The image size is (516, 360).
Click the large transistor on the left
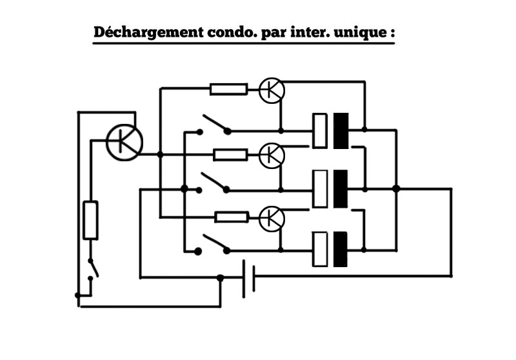pyautogui.click(x=124, y=142)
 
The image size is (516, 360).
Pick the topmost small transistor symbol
pyautogui.click(x=272, y=90)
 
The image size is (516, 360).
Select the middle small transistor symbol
pyautogui.click(x=272, y=155)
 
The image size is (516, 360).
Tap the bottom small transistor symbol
pyautogui.click(x=272, y=219)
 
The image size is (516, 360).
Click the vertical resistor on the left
pyautogui.click(x=91, y=220)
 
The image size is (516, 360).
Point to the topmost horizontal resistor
pyautogui.click(x=228, y=89)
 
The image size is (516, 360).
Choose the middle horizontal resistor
pyautogui.click(x=230, y=154)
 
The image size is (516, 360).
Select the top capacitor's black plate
pyautogui.click(x=341, y=131)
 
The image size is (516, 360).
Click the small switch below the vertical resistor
pyautogui.click(x=93, y=268)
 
